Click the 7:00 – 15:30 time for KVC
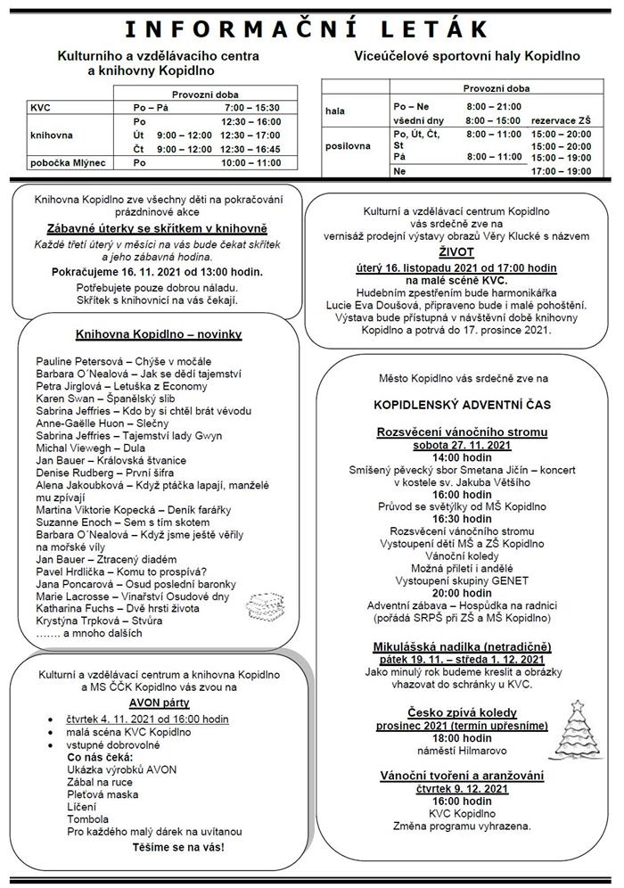tap(250, 107)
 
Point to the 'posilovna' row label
tap(348, 145)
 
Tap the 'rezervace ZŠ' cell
tap(560, 119)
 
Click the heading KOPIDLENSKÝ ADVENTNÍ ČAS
tap(461, 404)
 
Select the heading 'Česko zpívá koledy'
tap(461, 712)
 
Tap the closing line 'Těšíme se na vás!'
tap(178, 845)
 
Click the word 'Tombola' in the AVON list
tap(87, 818)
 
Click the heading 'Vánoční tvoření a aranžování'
tap(461, 776)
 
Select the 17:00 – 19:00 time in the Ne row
tap(560, 171)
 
